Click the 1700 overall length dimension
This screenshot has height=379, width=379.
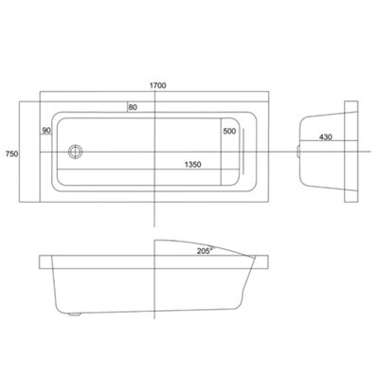pos(158,85)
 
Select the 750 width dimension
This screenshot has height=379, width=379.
pos(11,153)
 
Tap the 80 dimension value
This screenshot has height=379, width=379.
pos(134,106)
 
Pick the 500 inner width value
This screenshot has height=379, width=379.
pos(230,133)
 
